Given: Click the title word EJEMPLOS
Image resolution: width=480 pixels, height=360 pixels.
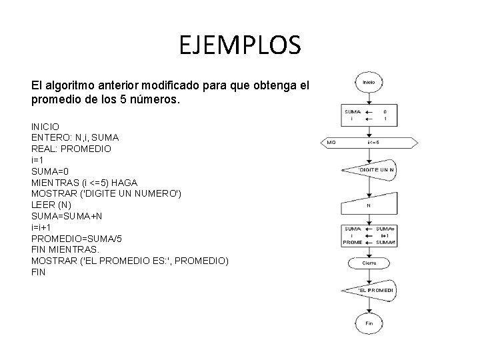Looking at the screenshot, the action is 240,45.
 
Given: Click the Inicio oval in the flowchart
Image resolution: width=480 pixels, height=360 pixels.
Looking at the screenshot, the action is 369,82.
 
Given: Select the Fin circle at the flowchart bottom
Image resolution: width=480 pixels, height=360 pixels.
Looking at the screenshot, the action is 369,323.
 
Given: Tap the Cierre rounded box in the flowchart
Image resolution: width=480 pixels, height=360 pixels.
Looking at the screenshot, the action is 369,263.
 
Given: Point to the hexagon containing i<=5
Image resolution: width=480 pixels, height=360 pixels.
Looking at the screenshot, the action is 369,142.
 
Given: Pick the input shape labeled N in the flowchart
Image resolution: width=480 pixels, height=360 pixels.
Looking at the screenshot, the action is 369,205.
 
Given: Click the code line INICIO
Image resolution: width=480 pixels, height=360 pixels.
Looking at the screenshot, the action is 45,126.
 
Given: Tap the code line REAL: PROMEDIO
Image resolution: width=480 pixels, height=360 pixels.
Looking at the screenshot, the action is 71,149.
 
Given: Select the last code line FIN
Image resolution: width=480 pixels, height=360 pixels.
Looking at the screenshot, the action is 39,273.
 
